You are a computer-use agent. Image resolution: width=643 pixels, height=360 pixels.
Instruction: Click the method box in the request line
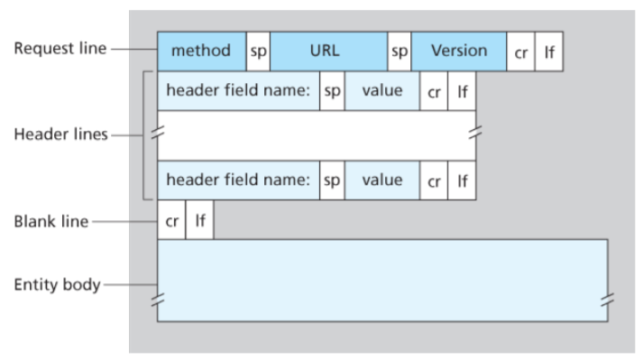click(202, 51)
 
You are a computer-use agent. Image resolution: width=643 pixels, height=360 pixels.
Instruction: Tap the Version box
click(459, 51)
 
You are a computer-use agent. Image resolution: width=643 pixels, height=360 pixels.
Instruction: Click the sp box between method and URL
click(258, 51)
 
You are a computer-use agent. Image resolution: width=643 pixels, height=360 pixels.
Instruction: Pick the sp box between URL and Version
click(400, 51)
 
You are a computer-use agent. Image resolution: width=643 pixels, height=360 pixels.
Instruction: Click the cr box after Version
click(520, 51)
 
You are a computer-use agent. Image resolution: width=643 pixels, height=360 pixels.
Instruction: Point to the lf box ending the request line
click(549, 51)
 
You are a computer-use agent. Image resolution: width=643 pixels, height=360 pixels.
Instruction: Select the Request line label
click(60, 49)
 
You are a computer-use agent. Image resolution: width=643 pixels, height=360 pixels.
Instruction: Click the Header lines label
click(60, 134)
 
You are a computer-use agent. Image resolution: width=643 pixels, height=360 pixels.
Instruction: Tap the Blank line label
click(51, 222)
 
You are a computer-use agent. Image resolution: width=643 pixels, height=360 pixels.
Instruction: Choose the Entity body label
click(58, 284)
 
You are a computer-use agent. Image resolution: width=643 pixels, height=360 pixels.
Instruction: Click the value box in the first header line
click(382, 91)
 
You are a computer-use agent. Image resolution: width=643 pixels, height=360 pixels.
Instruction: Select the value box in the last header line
click(382, 180)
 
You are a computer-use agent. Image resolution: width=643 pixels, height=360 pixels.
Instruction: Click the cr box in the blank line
click(171, 219)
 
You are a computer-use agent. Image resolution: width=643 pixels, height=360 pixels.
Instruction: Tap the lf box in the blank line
click(199, 219)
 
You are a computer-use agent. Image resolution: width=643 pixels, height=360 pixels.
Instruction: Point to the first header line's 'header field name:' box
click(238, 91)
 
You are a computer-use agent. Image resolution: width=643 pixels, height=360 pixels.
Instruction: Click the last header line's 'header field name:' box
click(238, 180)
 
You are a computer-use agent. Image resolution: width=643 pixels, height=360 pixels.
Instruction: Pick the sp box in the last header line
click(332, 180)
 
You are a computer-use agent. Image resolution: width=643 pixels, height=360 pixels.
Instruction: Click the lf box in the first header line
click(462, 91)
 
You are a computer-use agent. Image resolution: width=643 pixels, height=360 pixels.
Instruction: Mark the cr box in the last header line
click(434, 180)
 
